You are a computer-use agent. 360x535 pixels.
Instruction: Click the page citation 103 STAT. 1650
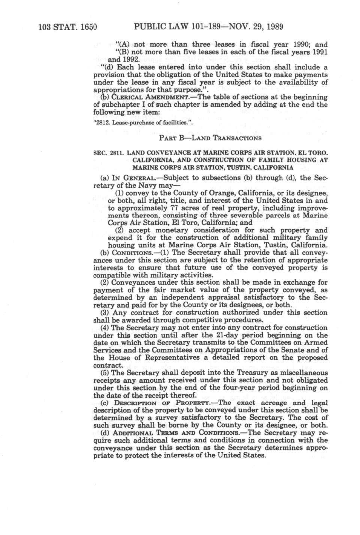(x=68, y=27)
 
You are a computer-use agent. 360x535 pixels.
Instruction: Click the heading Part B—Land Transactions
(x=210, y=138)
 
